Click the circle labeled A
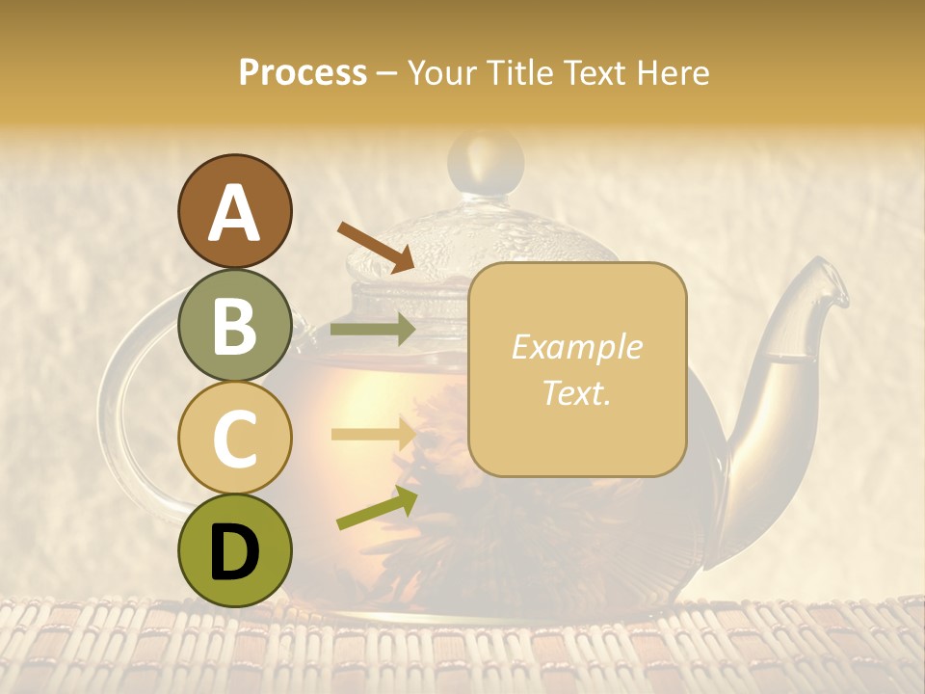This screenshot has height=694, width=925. click(234, 211)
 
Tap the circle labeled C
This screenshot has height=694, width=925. click(234, 438)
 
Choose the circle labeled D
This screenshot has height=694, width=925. click(234, 550)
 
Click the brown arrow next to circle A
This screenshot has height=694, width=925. click(376, 247)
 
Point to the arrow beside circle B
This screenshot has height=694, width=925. click(373, 330)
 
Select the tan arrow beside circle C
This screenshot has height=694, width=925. click(373, 434)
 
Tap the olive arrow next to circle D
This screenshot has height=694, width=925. click(377, 508)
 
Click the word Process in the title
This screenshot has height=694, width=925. click(303, 72)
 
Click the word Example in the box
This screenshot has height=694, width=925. click(576, 347)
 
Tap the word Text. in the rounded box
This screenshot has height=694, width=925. click(576, 392)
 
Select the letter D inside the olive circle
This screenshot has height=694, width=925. click(234, 552)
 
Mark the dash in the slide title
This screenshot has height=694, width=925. click(386, 74)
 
